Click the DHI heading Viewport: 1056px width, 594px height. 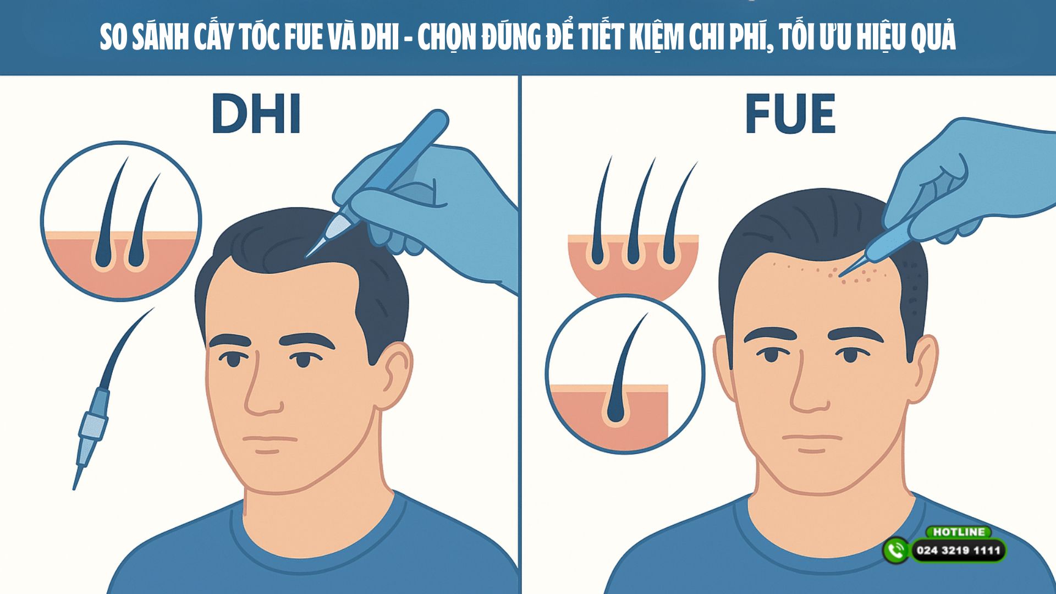pos(256,114)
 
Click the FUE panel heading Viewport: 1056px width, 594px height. pos(790,114)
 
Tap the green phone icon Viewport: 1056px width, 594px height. pos(896,550)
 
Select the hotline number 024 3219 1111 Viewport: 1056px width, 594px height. pos(958,551)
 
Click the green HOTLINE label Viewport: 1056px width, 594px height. pos(959,532)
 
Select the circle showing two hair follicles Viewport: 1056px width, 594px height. pos(121,221)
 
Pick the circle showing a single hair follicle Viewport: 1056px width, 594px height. pos(625,374)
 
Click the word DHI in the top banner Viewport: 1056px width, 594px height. pos(380,37)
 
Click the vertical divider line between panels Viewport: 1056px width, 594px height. pos(520,330)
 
